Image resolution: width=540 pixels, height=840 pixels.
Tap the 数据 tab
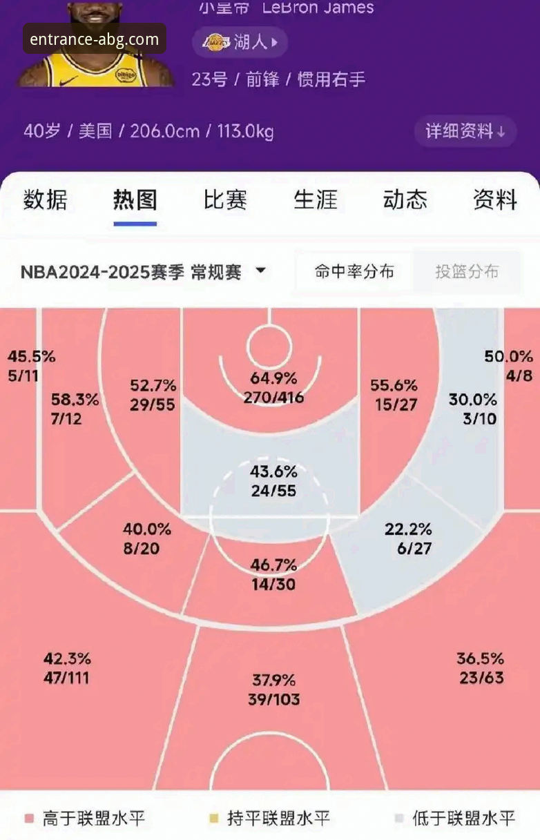click(x=46, y=200)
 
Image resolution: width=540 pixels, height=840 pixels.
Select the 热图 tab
click(x=135, y=200)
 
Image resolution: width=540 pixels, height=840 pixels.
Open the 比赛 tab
click(x=225, y=200)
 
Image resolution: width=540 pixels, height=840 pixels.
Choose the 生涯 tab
click(x=315, y=200)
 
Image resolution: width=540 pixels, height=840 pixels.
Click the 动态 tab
click(x=405, y=200)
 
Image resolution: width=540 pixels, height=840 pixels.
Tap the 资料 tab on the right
click(x=494, y=200)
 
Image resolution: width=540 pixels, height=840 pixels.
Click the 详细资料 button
click(x=465, y=131)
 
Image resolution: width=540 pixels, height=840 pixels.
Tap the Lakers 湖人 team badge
click(x=240, y=43)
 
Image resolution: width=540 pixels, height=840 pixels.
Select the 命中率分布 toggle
click(x=354, y=272)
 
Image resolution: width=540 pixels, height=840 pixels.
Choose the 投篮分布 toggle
click(x=467, y=272)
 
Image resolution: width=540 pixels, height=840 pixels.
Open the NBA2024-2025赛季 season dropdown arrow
click(x=260, y=271)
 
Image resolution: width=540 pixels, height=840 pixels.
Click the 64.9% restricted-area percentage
click(x=273, y=378)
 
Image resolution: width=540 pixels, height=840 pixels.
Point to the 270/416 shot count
click(x=273, y=397)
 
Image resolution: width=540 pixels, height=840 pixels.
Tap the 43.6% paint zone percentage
click(x=273, y=472)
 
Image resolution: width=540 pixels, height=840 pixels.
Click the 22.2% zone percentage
click(x=408, y=529)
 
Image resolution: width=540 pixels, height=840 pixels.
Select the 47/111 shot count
click(x=66, y=678)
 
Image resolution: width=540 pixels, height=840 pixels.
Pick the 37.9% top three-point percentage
click(x=273, y=680)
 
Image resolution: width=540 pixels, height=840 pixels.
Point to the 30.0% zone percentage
click(x=473, y=400)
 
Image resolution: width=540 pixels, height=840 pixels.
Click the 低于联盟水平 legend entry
click(x=454, y=819)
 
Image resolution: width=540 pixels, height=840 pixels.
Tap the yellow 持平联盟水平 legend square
click(x=213, y=819)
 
